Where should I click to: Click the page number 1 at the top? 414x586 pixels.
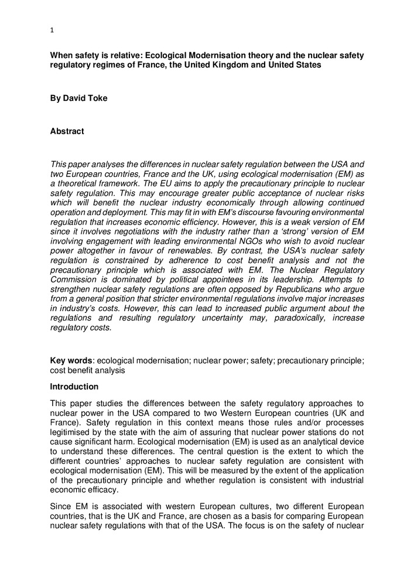click(52, 30)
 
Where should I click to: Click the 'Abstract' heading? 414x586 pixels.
click(67, 131)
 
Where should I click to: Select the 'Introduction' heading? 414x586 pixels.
click(74, 387)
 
